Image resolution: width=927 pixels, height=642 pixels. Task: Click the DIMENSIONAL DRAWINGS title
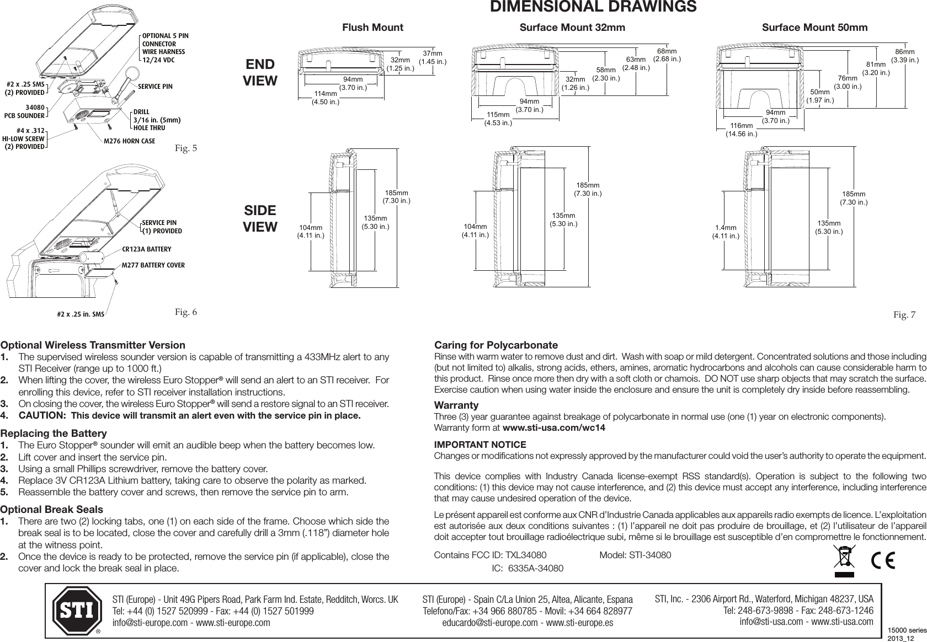pos(594,7)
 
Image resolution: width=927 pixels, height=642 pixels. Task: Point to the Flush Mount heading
pos(373,28)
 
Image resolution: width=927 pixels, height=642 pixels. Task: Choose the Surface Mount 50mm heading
pos(814,28)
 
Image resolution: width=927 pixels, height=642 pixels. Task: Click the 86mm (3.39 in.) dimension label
pos(905,56)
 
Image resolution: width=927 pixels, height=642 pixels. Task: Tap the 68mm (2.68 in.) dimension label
pos(667,55)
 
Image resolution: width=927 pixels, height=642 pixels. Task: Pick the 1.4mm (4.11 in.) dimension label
pos(726,232)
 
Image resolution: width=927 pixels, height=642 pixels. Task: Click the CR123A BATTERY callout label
pos(146,249)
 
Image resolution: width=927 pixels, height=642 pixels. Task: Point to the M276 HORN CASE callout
pos(130,141)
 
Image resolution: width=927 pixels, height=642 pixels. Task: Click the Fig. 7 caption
pos(904,315)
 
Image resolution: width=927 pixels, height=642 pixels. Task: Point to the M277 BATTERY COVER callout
pos(153,265)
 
